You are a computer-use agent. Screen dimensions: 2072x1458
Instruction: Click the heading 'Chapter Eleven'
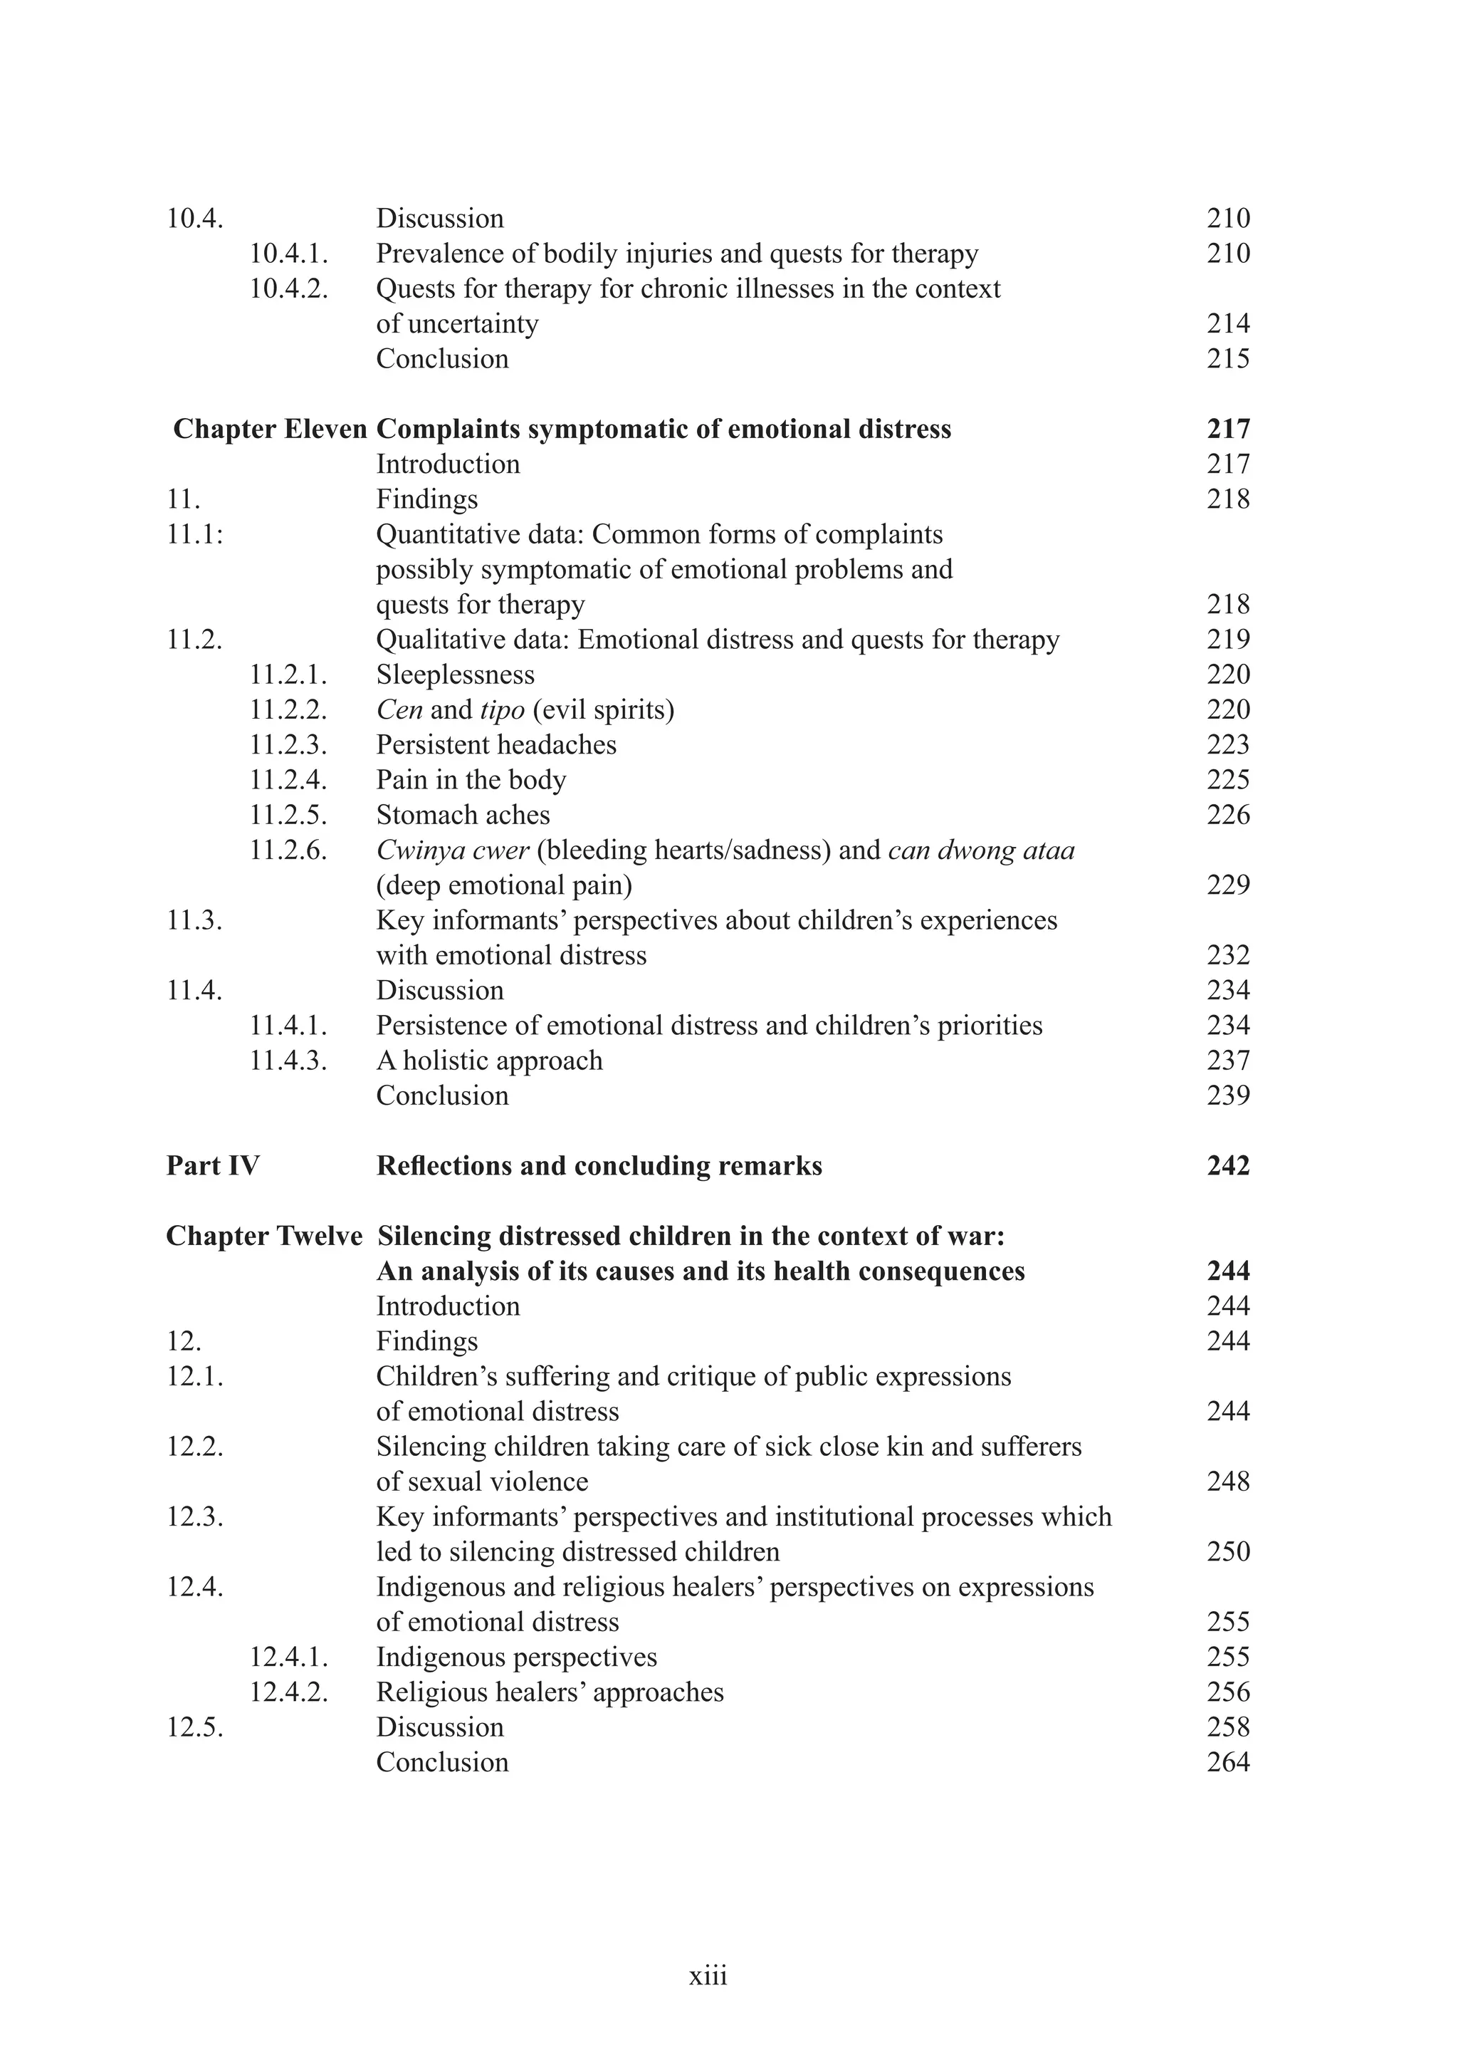point(270,429)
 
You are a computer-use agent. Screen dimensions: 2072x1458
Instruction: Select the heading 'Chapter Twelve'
point(263,1236)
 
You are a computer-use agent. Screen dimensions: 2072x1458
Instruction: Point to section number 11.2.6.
point(288,850)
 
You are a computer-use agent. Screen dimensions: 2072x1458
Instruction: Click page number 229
point(1228,885)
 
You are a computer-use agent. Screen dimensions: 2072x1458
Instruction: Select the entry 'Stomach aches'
point(463,815)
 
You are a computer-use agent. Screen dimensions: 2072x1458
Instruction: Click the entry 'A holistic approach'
point(489,1061)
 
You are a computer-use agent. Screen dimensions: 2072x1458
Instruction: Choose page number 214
point(1228,323)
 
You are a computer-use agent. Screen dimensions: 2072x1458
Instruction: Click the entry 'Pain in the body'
point(471,780)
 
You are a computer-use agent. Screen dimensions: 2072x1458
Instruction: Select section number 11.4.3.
point(288,1061)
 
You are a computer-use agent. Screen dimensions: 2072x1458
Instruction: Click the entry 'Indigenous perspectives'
point(516,1657)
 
